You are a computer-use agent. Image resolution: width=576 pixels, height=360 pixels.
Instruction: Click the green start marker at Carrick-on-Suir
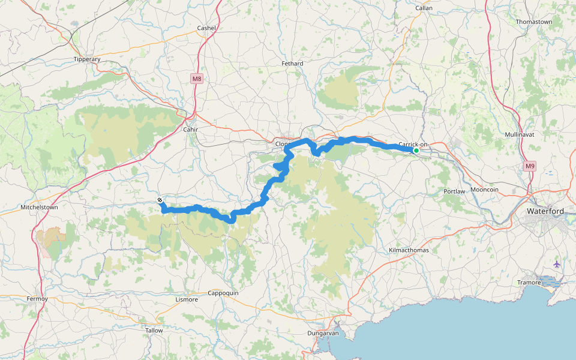(416, 150)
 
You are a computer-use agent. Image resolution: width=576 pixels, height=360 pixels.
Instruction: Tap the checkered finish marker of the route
(160, 200)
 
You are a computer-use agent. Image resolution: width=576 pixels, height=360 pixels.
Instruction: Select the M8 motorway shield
(197, 79)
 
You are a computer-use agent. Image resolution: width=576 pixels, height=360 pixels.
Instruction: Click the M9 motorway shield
(529, 166)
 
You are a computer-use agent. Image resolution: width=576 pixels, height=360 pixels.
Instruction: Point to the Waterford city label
(545, 211)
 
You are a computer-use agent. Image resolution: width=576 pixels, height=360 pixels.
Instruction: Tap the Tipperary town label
(86, 59)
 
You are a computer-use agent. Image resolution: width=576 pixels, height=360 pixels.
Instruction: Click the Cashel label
(206, 28)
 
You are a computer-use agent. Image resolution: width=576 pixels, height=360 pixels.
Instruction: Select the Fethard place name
(292, 63)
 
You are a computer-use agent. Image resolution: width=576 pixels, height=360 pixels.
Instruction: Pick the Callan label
(424, 8)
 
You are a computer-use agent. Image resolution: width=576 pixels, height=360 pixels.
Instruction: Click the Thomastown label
(533, 22)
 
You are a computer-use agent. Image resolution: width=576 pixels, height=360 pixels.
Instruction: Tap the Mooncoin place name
(485, 190)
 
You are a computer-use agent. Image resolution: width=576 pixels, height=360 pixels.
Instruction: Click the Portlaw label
(454, 191)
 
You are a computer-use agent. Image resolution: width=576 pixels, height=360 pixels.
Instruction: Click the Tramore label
(529, 282)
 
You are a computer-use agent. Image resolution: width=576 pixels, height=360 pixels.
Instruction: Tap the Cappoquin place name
(223, 293)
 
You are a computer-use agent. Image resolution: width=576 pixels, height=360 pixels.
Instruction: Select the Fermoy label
(37, 298)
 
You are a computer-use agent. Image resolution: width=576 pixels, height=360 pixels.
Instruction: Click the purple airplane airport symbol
(557, 264)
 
